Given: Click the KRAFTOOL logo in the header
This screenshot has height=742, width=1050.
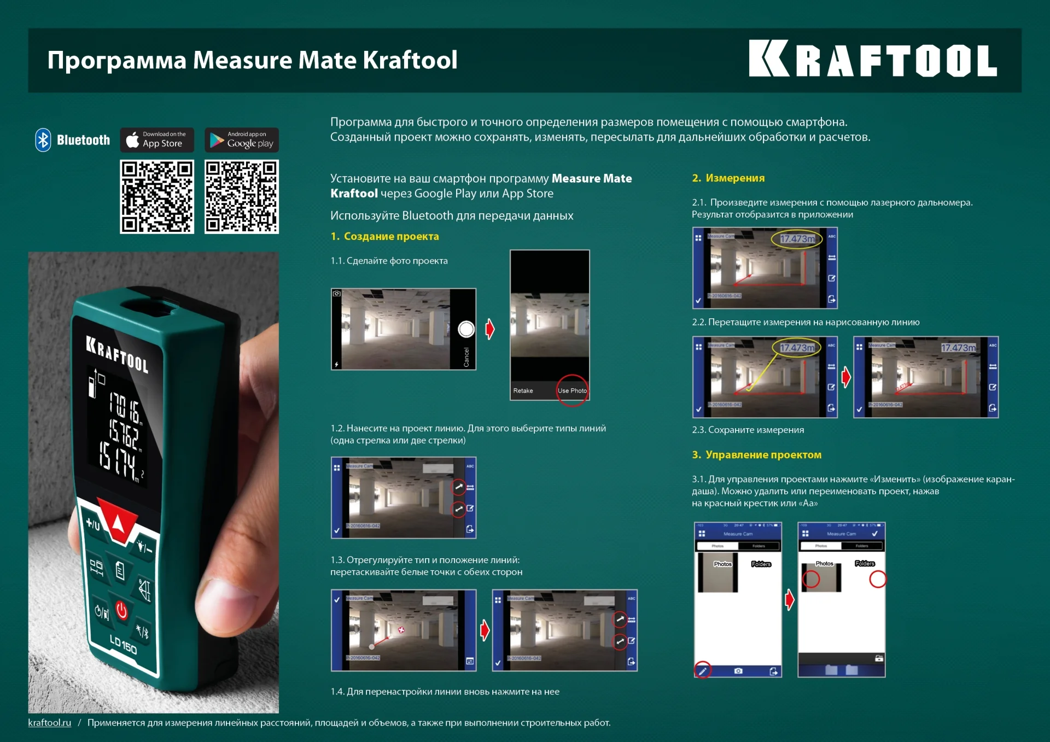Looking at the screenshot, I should (872, 59).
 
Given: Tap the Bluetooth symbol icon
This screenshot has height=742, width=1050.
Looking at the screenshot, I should (43, 140).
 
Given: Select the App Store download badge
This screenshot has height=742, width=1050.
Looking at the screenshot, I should (157, 140).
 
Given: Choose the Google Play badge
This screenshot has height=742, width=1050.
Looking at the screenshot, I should (242, 140).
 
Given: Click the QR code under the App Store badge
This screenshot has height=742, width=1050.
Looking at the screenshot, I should (157, 197).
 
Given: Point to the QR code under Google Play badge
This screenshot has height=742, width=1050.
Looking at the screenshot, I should (242, 197).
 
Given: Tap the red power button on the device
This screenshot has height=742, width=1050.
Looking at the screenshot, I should (121, 610).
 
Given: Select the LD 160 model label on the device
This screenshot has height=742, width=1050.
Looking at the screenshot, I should (123, 645).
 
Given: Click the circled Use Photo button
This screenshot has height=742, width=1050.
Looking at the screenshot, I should (572, 390).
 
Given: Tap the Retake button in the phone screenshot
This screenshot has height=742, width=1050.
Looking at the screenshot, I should (523, 390).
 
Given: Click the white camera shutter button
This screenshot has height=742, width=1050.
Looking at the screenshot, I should (466, 329).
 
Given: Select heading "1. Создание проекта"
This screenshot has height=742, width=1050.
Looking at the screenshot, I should (384, 236).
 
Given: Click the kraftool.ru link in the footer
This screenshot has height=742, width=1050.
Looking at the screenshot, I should (49, 722).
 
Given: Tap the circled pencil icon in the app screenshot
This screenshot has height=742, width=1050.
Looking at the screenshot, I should (703, 670).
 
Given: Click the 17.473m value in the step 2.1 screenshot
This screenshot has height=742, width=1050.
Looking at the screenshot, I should (797, 239).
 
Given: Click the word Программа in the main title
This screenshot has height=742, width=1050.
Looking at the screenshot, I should (116, 60).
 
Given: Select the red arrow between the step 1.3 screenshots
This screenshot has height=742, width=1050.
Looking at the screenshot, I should (485, 630).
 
